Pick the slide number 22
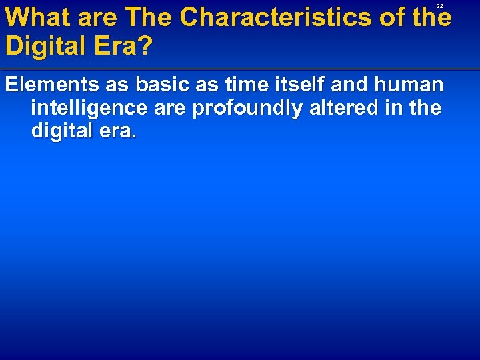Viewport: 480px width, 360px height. [x=439, y=5]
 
